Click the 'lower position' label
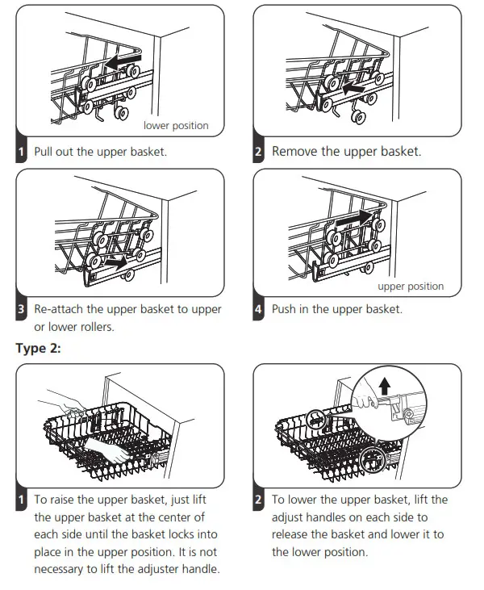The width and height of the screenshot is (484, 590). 176,125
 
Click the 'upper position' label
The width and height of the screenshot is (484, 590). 411,286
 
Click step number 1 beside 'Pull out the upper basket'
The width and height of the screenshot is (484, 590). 22,152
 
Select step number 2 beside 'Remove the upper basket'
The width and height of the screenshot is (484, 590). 258,152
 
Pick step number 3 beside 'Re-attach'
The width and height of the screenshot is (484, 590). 22,310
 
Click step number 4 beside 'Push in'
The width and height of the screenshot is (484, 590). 258,310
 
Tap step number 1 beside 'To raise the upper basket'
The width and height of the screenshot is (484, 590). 22,500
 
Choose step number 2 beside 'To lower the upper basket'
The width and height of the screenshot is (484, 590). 258,500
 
